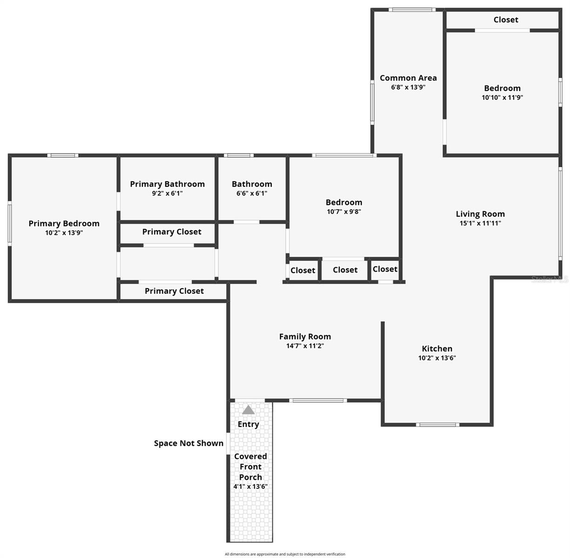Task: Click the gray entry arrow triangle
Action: tap(248, 410)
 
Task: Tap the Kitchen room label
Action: tap(437, 349)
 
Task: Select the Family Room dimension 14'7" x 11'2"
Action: tap(305, 346)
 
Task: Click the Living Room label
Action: tap(480, 214)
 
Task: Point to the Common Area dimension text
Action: tap(408, 87)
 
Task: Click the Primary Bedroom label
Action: tap(64, 224)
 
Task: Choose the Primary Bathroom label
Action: tap(167, 184)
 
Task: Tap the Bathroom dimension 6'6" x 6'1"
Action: tap(252, 193)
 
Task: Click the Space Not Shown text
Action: tap(188, 443)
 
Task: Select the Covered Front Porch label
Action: tap(250, 467)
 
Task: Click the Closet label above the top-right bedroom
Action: tap(506, 20)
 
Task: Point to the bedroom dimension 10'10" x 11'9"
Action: tap(502, 98)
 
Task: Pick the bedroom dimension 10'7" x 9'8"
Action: tap(344, 212)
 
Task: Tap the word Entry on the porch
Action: tap(248, 424)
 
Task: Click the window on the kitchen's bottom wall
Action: tap(437, 424)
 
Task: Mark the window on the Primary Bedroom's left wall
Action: tap(10, 223)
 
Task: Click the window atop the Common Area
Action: tap(412, 9)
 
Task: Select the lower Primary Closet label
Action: tap(174, 291)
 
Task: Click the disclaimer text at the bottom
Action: tap(285, 554)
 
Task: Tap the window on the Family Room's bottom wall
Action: tap(318, 400)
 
